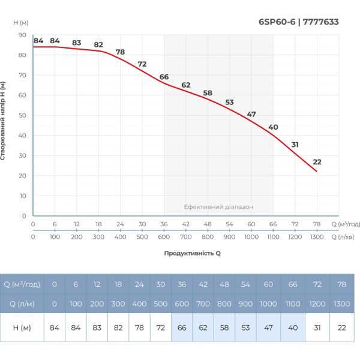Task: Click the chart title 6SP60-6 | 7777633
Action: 298,22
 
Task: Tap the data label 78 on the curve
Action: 120,52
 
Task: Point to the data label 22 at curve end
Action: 317,162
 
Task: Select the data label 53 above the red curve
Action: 229,102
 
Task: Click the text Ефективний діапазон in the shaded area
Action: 218,206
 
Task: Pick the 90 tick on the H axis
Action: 22,35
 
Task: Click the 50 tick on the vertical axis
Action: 22,115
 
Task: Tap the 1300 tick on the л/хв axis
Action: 317,236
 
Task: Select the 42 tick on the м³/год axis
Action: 185,224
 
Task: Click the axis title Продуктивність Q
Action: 193,253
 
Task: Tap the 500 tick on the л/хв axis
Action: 142,236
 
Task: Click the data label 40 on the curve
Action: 273,127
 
